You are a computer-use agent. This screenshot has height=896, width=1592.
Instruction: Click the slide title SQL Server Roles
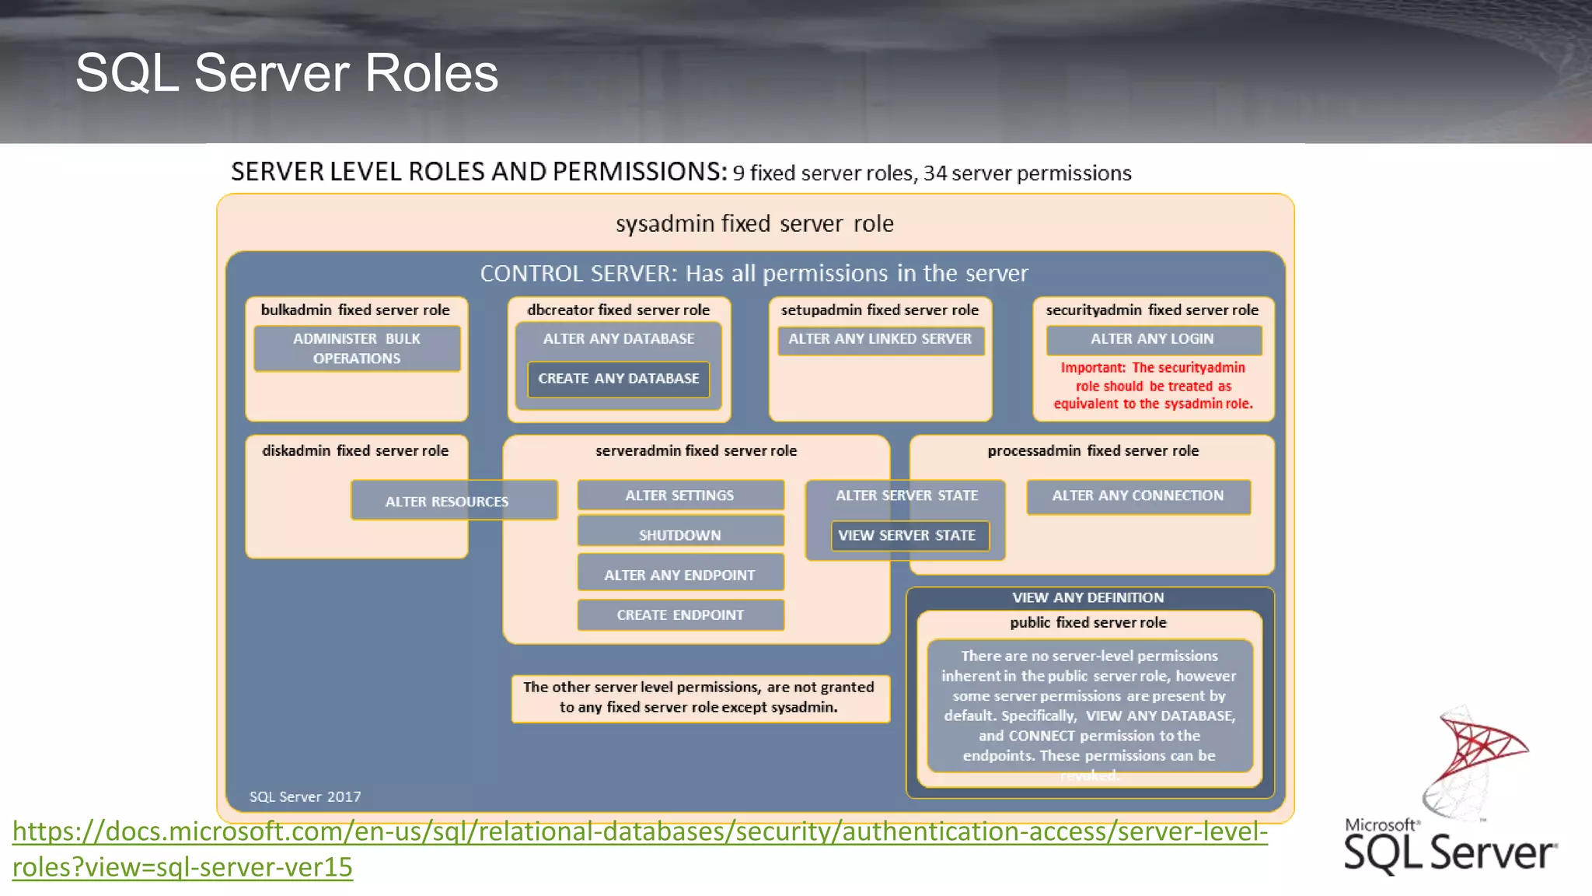287,73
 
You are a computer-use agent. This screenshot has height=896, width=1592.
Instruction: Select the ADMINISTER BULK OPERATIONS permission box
357,348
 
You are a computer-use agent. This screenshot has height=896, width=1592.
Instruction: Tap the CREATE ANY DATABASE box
619,379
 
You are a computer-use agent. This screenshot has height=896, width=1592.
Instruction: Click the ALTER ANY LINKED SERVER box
880,339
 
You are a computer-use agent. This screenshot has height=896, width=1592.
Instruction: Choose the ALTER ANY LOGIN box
1152,339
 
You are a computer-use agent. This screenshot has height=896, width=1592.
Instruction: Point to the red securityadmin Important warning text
1153,386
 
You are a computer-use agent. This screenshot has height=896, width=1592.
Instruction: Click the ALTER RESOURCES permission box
447,502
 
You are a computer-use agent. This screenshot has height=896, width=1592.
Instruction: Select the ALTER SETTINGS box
680,495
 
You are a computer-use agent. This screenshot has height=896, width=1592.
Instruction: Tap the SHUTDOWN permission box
680,534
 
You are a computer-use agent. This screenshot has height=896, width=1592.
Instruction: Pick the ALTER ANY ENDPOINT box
680,575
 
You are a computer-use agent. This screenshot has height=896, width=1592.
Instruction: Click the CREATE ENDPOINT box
680,615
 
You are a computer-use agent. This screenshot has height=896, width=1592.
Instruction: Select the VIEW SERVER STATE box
907,535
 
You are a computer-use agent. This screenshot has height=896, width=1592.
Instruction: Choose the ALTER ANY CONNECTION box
1138,495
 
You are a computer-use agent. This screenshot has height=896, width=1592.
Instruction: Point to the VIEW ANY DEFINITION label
1088,597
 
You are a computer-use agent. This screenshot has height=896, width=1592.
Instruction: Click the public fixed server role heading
1088,622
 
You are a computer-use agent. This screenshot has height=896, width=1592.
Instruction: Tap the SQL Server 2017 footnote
305,796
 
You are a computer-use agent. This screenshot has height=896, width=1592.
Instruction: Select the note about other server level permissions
699,697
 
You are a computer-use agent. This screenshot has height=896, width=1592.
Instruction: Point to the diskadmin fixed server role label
355,450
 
